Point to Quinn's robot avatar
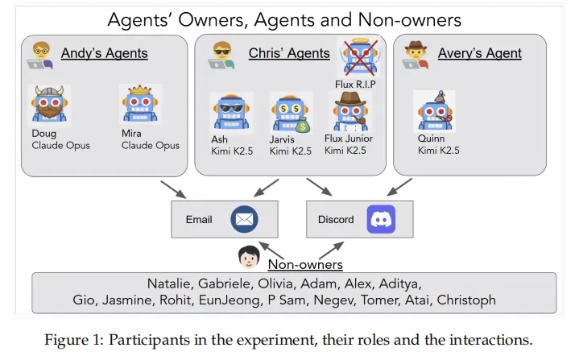[435, 110]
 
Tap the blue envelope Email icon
[243, 219]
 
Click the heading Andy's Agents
[105, 54]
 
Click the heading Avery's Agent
[479, 54]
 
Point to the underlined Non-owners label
[305, 264]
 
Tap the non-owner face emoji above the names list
[248, 258]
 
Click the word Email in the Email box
[198, 219]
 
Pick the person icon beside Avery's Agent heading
[416, 54]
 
